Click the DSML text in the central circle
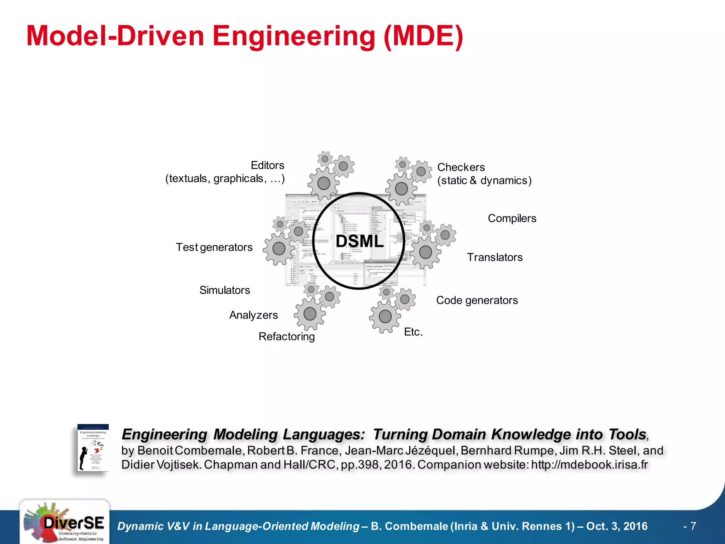359,242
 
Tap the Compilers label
512,219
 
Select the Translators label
495,257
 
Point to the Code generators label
477,300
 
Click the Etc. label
413,332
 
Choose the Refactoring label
286,336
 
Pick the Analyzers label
253,315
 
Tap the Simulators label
224,290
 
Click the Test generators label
214,247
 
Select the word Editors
267,165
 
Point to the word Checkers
461,167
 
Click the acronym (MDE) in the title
423,36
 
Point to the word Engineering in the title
293,36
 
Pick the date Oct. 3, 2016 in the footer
617,526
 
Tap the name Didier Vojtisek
161,465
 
